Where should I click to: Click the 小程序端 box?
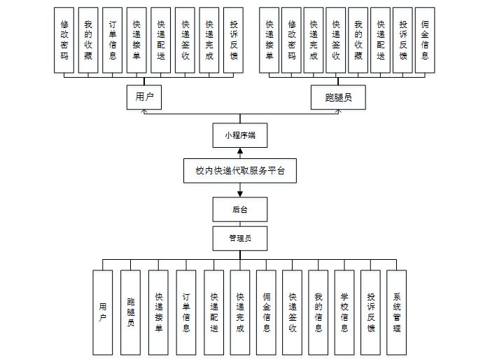point(239,135)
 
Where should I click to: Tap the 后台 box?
point(239,209)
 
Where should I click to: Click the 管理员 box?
point(239,238)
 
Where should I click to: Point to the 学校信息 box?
point(344,312)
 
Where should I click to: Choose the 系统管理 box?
point(396,312)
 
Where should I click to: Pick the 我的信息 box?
point(318,312)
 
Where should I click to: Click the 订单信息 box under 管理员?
point(185,312)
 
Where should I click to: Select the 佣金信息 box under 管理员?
point(266,312)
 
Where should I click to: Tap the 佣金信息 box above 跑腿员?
point(425,39)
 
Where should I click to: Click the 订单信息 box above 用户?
point(112,39)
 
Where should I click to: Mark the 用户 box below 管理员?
point(103,312)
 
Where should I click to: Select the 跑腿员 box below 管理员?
point(131,312)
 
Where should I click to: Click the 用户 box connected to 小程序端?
point(144,97)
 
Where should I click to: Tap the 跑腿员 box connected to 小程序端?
point(339,97)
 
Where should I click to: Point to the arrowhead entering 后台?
point(239,194)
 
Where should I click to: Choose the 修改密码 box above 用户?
point(64,39)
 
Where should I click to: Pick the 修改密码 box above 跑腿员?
point(292,39)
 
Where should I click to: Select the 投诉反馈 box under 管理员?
point(370,312)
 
